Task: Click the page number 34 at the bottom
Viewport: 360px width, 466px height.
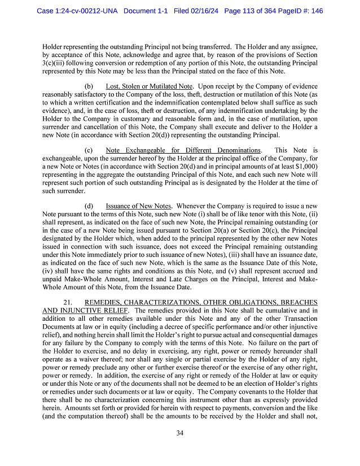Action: coord(179,433)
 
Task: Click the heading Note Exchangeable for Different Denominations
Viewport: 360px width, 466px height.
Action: coord(183,150)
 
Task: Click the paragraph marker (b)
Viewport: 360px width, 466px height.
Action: coord(89,86)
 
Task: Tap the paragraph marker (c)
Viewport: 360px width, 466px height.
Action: coord(89,150)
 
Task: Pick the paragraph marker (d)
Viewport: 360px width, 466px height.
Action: coord(89,207)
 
